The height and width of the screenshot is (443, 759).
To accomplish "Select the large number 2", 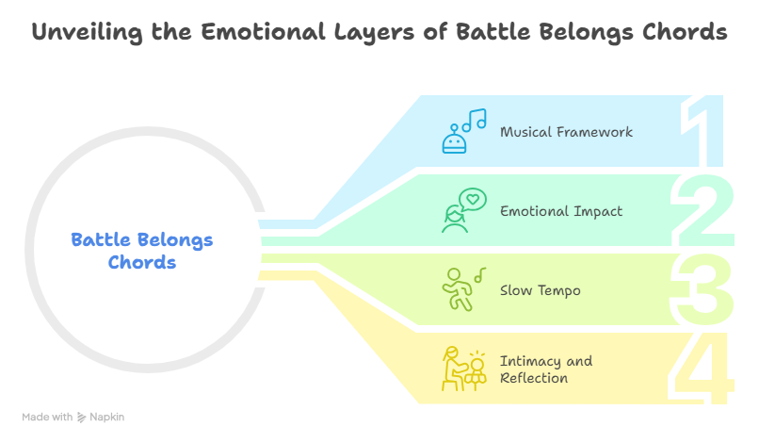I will point(704,210).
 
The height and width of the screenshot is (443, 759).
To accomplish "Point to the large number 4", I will point(704,368).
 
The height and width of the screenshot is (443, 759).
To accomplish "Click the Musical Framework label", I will point(566,132).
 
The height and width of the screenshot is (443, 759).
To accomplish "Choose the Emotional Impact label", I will point(560,211).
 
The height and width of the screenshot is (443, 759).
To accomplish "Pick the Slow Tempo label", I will point(540,290).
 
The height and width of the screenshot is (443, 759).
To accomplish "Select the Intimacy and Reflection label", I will point(546,369).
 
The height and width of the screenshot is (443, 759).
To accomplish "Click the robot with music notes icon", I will point(462,130).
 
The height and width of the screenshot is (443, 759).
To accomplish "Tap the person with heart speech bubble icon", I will point(462,210).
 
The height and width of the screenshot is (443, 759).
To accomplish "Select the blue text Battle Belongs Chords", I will point(142,251).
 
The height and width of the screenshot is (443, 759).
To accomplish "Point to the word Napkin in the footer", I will point(107,417).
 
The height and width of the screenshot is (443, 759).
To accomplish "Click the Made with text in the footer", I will point(47,417).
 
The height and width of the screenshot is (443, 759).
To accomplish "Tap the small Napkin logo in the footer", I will point(81,417).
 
